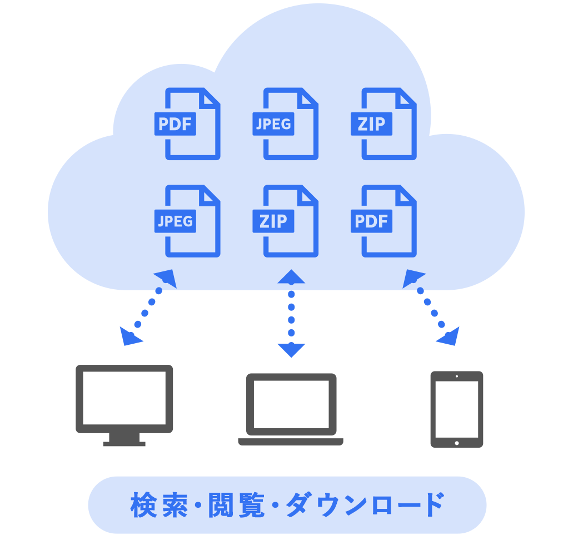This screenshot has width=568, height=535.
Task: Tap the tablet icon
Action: [457, 409]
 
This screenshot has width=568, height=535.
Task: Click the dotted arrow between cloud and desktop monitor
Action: [148, 307]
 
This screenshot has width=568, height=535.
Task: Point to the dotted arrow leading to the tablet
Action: [431, 307]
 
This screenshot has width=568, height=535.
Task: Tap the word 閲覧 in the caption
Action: [236, 505]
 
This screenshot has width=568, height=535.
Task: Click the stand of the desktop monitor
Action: [124, 440]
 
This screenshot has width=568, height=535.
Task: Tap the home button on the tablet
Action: [457, 443]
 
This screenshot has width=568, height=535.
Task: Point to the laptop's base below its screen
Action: [291, 442]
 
